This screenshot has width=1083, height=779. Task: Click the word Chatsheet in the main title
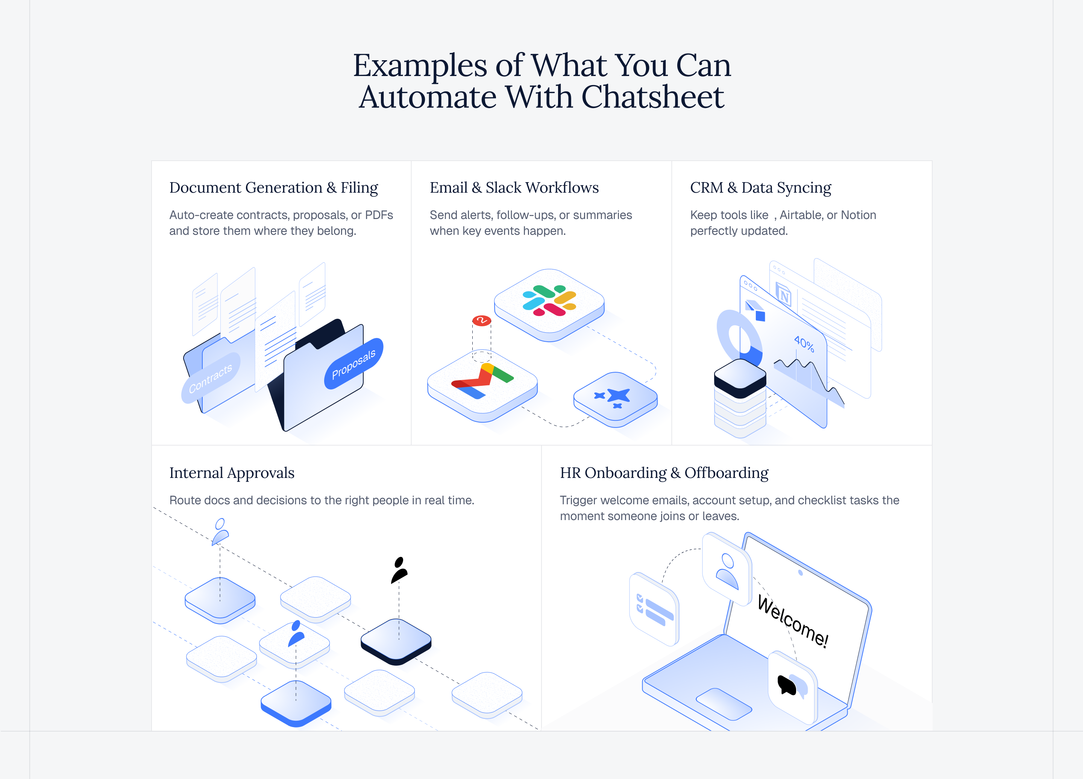pos(652,97)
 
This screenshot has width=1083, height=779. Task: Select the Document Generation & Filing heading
pos(274,188)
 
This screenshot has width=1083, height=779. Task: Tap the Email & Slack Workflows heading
pos(514,187)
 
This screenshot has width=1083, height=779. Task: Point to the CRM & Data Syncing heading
pos(761,188)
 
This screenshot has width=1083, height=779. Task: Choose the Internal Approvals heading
pos(232,473)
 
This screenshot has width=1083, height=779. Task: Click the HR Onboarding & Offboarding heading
pos(664,473)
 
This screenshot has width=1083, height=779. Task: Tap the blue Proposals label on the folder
pos(354,364)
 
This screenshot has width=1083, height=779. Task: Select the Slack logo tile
pos(549,305)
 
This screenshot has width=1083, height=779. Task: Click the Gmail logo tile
pos(482,385)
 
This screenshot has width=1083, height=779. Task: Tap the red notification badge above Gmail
pos(481,320)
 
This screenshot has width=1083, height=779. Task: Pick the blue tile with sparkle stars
pos(616,399)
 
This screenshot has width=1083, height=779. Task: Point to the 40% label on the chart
pos(804,343)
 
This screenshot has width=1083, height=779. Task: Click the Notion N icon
pos(784,294)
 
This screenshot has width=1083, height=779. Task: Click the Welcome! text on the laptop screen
pos(793,621)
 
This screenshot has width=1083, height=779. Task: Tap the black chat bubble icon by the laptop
pos(787,685)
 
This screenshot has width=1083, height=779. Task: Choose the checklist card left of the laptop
pos(654,609)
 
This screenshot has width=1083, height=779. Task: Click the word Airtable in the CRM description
pos(801,215)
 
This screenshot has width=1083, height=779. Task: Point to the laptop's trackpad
pos(724,704)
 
